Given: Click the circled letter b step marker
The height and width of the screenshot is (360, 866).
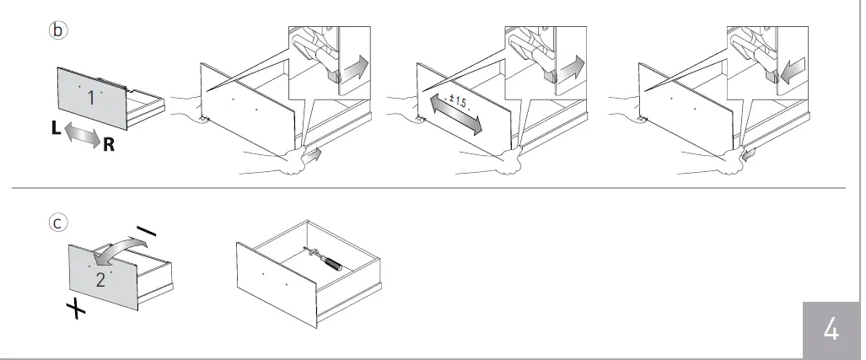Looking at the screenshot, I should click(x=57, y=30).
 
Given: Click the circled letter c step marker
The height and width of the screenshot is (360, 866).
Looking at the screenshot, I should click(x=57, y=223).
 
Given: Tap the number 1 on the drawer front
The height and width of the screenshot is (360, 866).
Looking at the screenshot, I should click(x=90, y=98).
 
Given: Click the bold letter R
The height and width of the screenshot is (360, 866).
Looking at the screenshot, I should click(x=109, y=146).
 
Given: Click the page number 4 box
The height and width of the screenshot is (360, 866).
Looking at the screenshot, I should click(x=831, y=330).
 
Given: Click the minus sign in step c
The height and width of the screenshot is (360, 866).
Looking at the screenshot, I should click(x=145, y=231).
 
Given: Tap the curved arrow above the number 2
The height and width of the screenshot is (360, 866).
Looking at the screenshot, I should click(x=121, y=246).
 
